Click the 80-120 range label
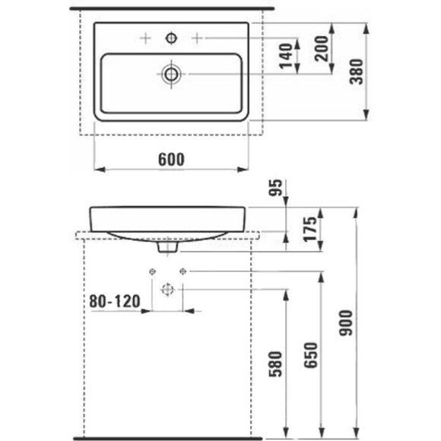(x=115, y=302)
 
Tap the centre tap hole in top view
(x=171, y=37)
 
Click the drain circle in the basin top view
(x=171, y=74)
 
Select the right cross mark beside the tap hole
(x=196, y=37)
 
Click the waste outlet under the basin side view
(x=167, y=246)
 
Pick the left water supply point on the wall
(x=152, y=271)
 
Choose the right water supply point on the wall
(x=182, y=271)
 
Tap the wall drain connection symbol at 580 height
(x=167, y=289)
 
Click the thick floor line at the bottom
(x=167, y=438)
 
